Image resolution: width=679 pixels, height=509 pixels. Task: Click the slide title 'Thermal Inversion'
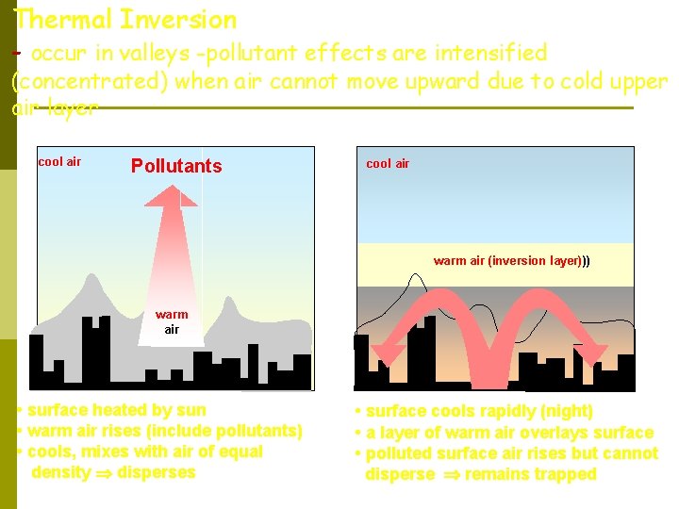[125, 19]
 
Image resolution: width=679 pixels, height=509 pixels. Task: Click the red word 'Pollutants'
[176, 167]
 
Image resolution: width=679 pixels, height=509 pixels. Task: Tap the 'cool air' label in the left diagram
[59, 162]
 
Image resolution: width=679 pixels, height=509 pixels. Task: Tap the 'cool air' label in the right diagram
[388, 164]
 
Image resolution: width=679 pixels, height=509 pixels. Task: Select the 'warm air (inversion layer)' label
[511, 261]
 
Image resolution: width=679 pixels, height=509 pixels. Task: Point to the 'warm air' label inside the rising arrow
[172, 321]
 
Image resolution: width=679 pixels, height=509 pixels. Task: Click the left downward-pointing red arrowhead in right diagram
[386, 355]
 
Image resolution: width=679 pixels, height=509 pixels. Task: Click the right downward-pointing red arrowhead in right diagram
[595, 356]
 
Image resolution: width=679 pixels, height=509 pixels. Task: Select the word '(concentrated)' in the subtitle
[90, 81]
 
